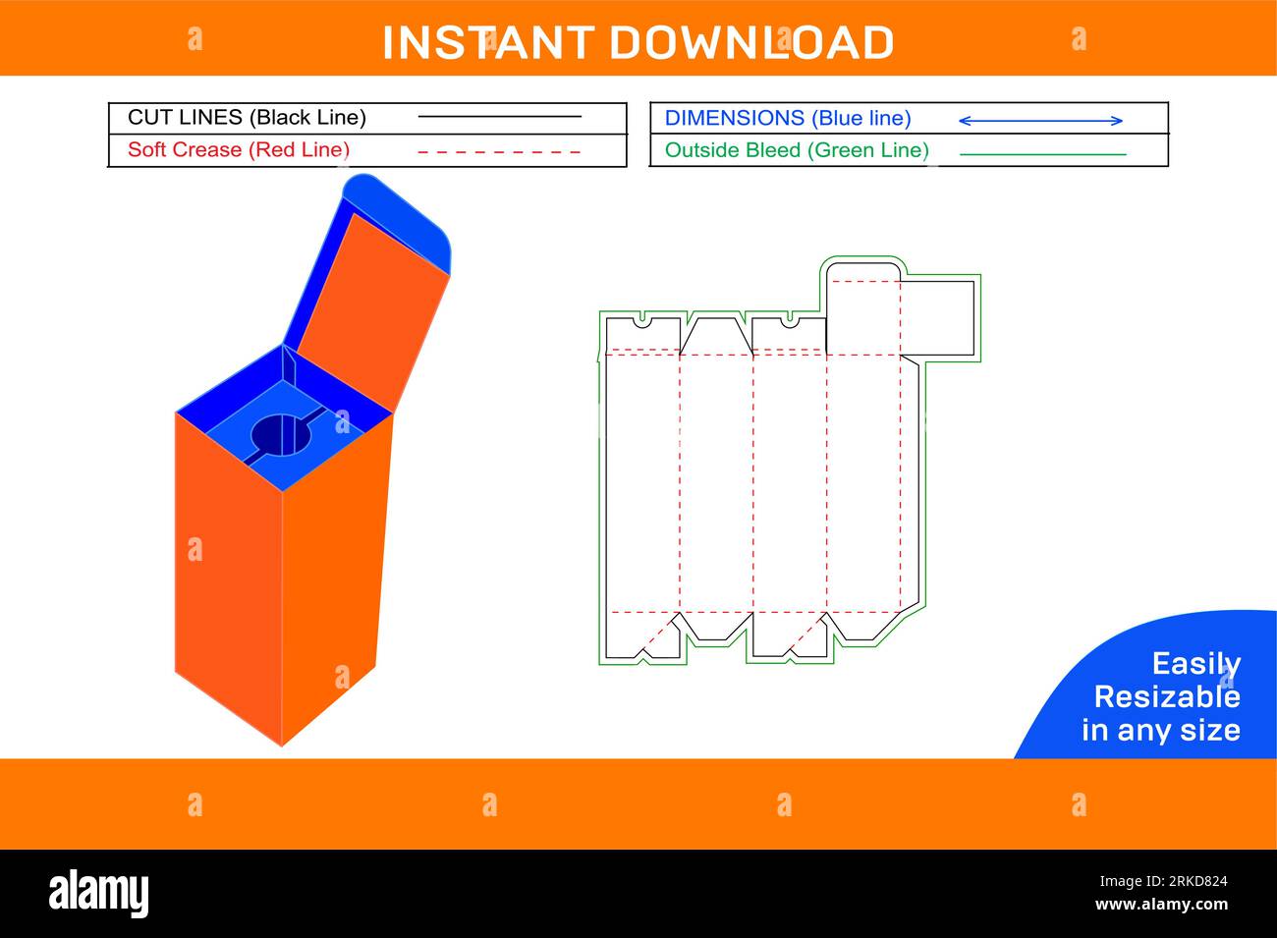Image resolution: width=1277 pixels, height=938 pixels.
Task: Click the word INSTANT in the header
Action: [487, 42]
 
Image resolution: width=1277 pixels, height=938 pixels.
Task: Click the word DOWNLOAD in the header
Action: [751, 42]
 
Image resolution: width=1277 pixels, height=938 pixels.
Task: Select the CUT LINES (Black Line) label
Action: [247, 118]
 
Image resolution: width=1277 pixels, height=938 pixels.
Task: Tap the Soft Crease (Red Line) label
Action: [239, 150]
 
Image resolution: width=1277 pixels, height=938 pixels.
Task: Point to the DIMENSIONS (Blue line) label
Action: [788, 118]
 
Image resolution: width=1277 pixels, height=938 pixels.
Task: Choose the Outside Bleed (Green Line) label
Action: [797, 150]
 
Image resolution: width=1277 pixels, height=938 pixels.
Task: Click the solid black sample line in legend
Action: [499, 117]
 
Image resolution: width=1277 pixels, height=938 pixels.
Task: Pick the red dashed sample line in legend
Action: [499, 152]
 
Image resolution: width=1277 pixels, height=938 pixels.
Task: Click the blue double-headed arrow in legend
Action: [1040, 121]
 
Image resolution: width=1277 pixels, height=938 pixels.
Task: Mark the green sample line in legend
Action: [1042, 154]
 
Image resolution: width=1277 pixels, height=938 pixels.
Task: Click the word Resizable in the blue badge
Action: [1167, 697]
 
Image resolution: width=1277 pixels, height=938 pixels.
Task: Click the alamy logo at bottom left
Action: [99, 893]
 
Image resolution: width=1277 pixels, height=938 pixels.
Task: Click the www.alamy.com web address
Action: [1161, 905]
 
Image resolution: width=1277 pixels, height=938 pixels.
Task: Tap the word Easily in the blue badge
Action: [1195, 664]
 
